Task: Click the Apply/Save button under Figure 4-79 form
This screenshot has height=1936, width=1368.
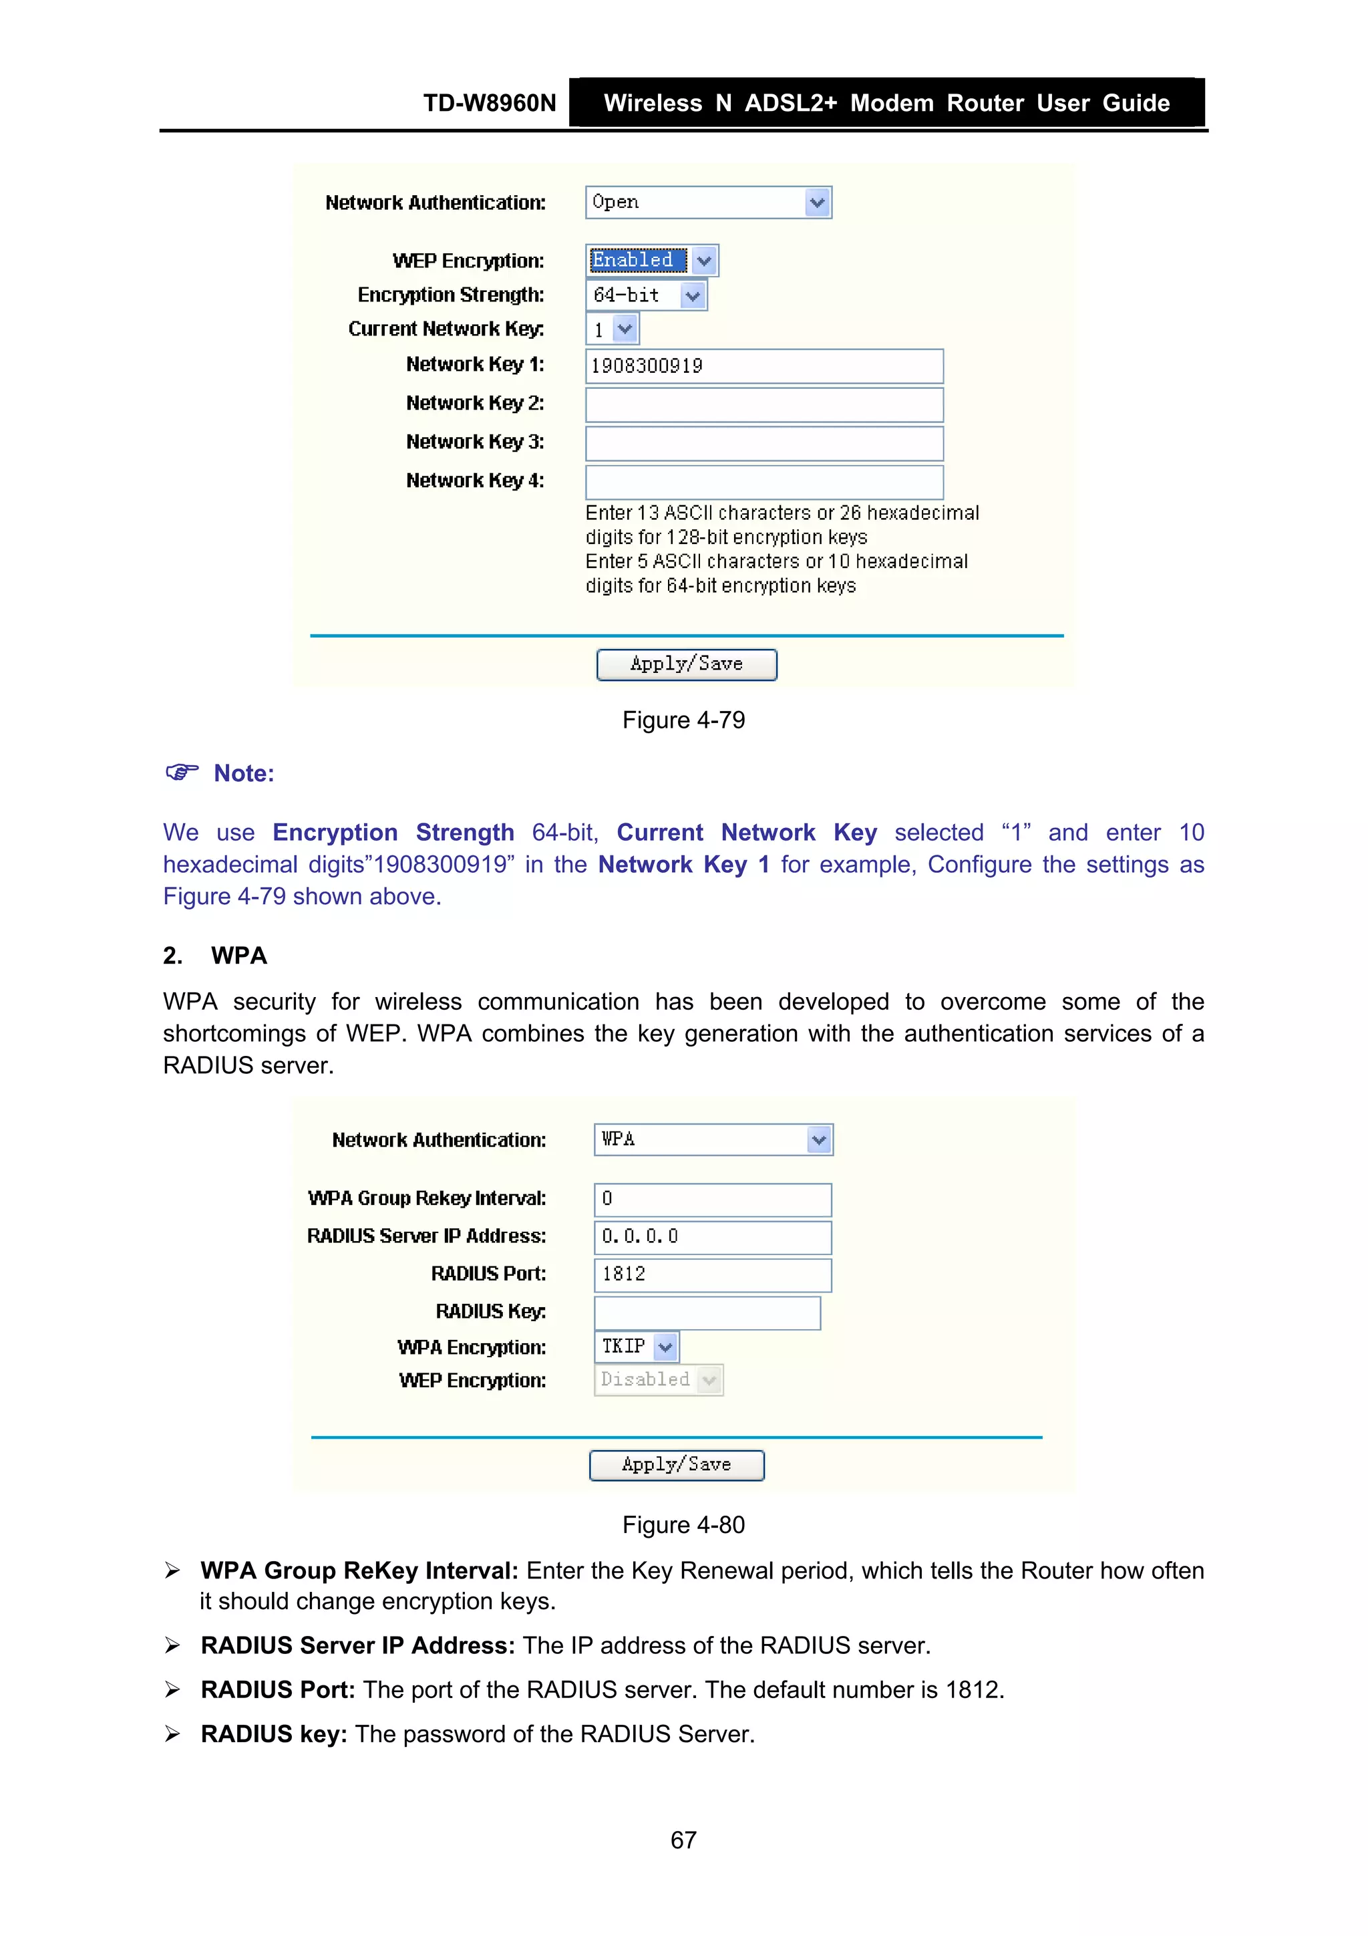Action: click(686, 664)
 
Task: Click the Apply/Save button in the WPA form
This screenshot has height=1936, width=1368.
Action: click(676, 1465)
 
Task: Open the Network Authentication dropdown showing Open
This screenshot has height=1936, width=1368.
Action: click(708, 202)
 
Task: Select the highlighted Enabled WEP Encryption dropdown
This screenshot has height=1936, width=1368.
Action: click(651, 261)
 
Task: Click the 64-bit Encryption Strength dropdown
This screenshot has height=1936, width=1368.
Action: click(646, 295)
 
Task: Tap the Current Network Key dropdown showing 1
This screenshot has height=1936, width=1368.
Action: click(612, 329)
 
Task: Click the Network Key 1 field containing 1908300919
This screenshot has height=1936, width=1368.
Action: click(763, 366)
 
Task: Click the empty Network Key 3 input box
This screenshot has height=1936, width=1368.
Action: click(763, 444)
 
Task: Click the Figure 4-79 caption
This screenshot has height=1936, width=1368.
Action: click(683, 720)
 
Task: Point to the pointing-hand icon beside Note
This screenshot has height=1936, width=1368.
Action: click(181, 772)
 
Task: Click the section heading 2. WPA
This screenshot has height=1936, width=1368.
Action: click(215, 956)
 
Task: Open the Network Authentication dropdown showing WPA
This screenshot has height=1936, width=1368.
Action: click(713, 1139)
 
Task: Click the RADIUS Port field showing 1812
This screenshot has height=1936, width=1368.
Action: click(712, 1274)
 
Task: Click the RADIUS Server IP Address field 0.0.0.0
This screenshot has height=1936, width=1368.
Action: click(712, 1237)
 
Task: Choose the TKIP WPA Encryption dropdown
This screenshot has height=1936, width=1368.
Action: click(637, 1347)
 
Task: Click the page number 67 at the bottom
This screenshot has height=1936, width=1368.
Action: click(683, 1840)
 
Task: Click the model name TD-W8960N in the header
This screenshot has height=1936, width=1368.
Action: click(489, 103)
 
